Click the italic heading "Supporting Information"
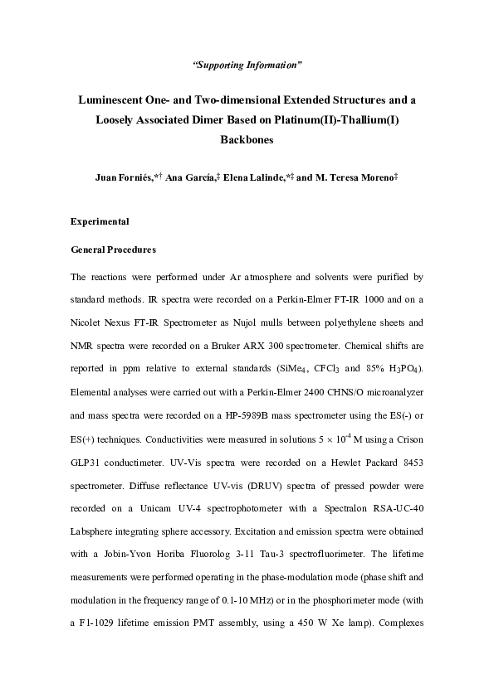pos(247,64)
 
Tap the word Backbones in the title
pos(247,141)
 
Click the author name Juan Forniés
pos(130,177)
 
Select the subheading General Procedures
pos(114,250)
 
